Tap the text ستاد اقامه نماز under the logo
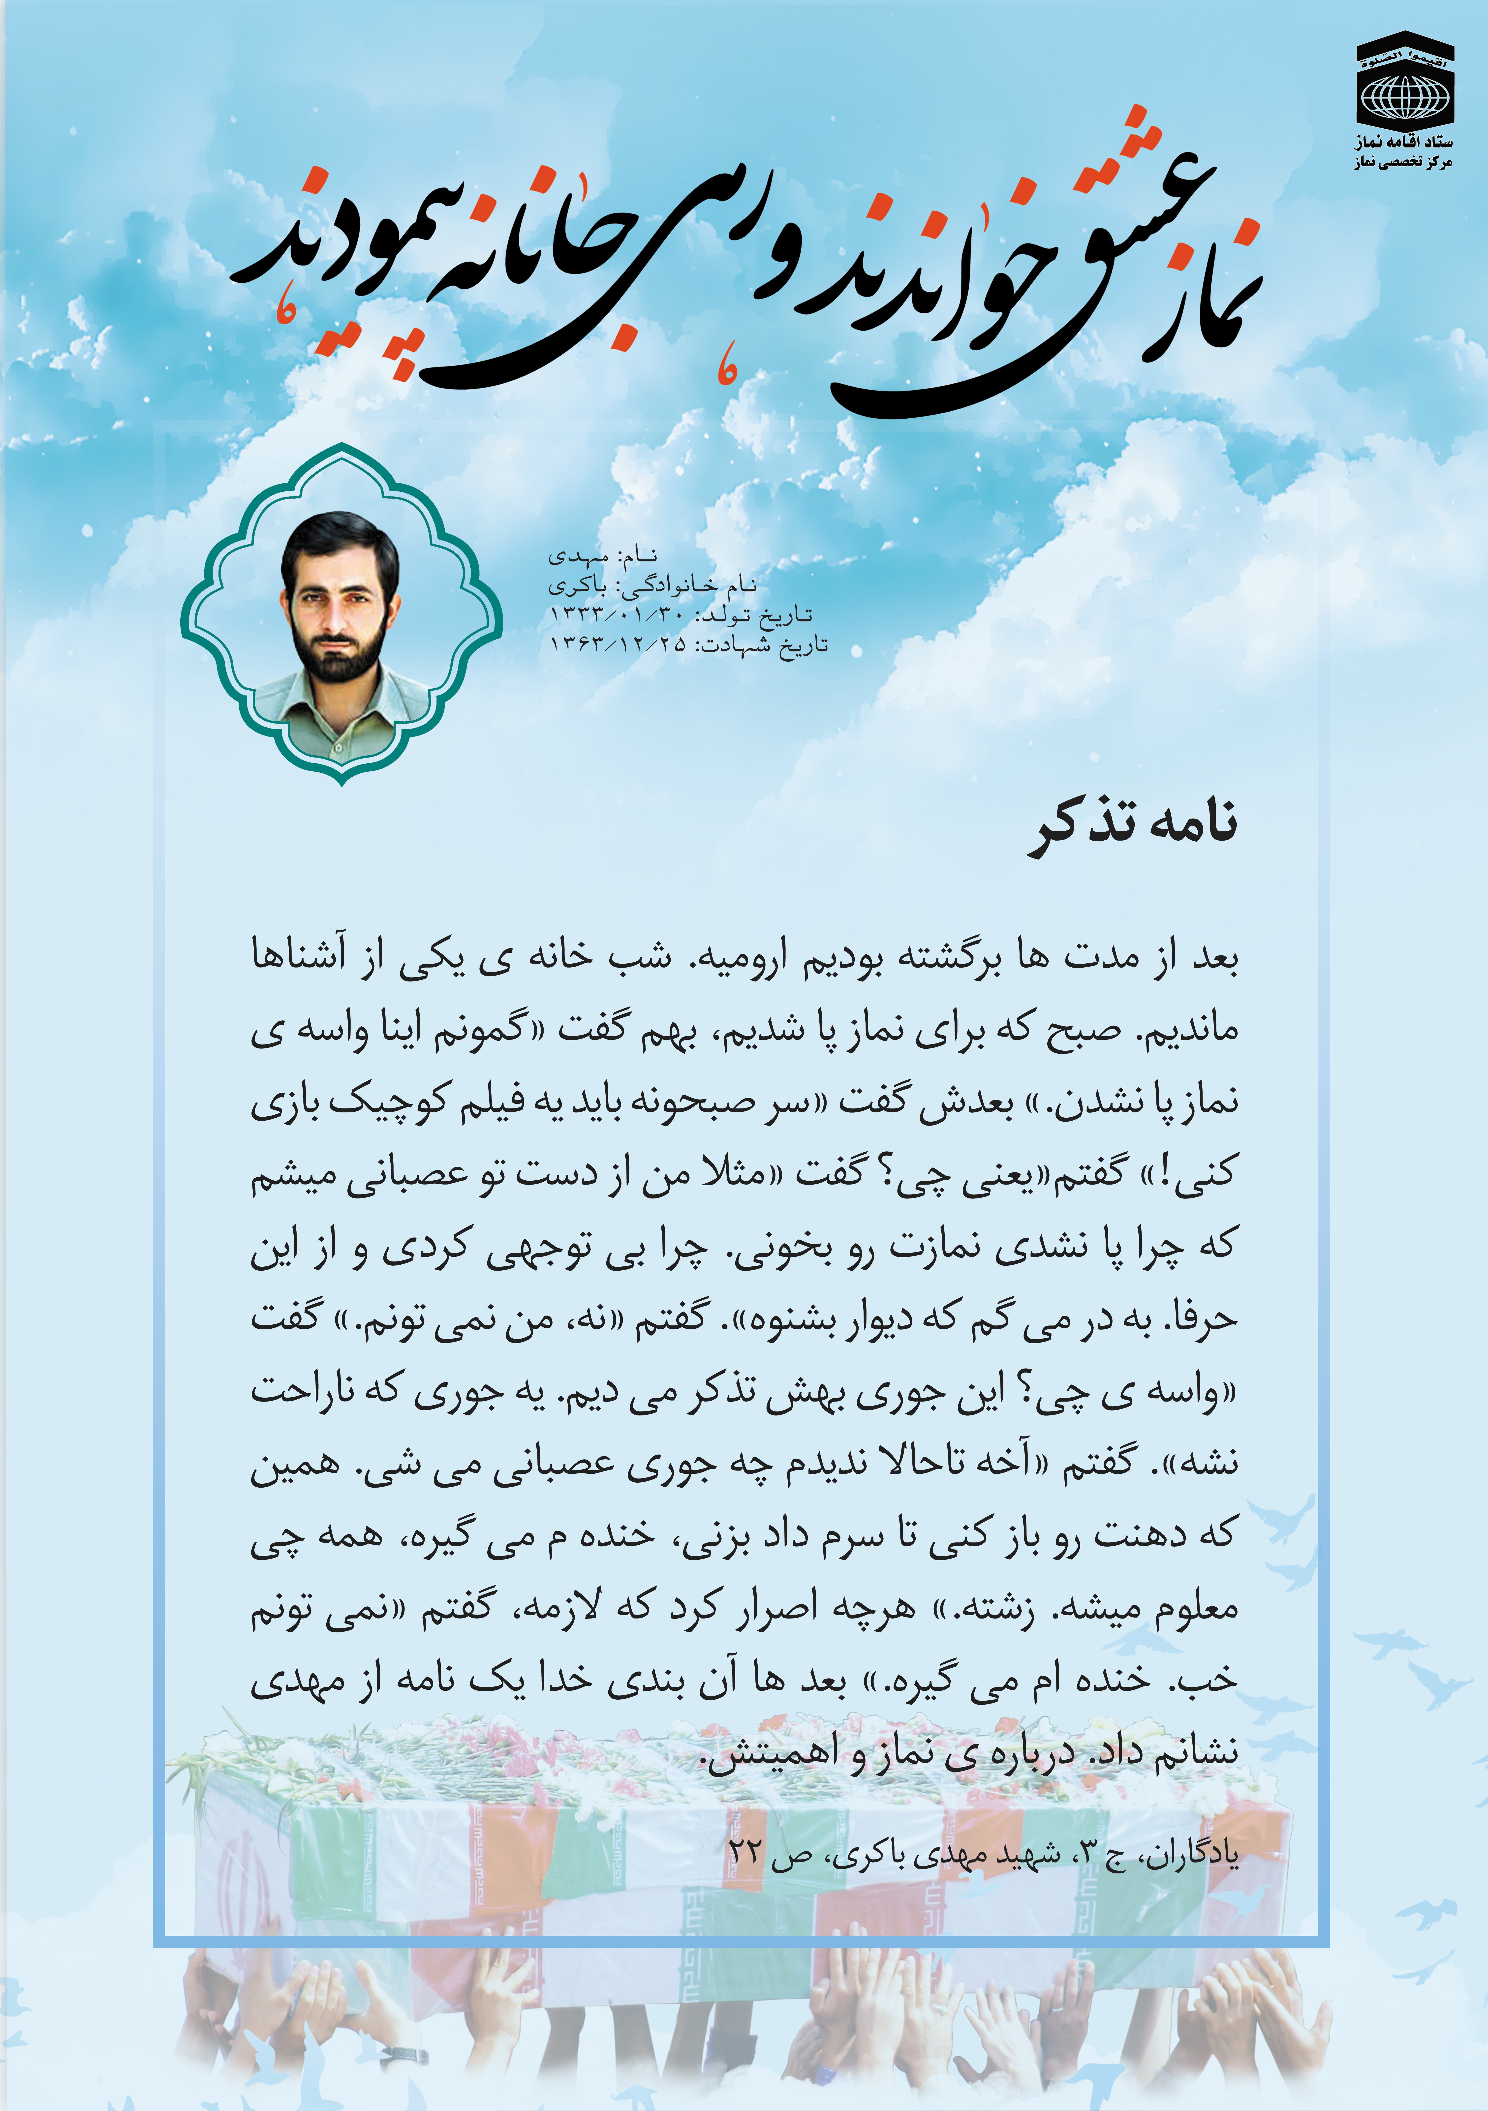[x=1403, y=143]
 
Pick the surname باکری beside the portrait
[x=578, y=586]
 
